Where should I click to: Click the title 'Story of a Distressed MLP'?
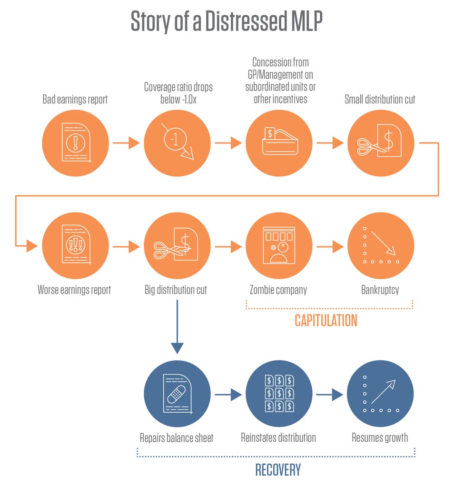click(227, 22)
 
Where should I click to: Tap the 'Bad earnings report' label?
click(75, 100)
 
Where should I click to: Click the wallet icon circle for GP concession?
click(278, 142)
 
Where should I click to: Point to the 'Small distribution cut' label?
click(380, 100)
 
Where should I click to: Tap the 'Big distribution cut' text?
click(176, 290)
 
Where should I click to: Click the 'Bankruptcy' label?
click(380, 290)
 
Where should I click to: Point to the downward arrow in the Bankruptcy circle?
click(383, 243)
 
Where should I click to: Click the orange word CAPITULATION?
click(326, 320)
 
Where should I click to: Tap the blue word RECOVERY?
click(278, 469)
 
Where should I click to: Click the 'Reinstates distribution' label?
click(278, 437)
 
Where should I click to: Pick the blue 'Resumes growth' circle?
click(380, 394)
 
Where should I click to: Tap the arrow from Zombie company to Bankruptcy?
click(329, 246)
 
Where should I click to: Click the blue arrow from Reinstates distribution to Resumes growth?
click(329, 395)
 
